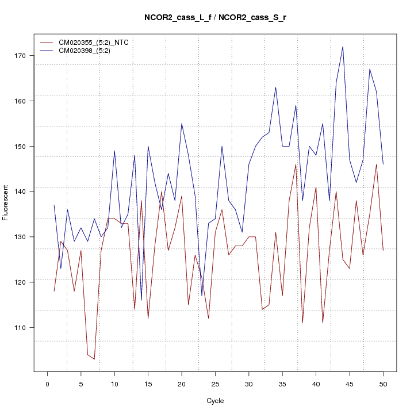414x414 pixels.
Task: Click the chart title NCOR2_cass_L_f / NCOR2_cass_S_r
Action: pos(216,18)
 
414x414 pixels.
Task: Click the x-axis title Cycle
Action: pos(215,401)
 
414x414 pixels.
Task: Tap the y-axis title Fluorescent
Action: pos(6,203)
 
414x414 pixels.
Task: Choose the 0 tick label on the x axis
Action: pos(47,384)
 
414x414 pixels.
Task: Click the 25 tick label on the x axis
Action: pos(215,384)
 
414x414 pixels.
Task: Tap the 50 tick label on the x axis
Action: pos(383,384)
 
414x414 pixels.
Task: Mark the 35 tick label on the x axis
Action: pos(282,384)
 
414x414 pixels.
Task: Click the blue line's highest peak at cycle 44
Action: pos(343,47)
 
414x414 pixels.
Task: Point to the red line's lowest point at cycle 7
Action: pos(94,359)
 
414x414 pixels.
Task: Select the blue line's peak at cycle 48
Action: pos(370,69)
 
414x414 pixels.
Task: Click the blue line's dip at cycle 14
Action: pos(141,300)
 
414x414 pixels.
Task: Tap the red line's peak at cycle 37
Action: pos(296,164)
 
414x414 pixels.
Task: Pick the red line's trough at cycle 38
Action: pos(302,323)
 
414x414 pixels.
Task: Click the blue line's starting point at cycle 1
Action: pos(54,205)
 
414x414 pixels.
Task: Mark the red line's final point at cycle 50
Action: pos(383,250)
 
